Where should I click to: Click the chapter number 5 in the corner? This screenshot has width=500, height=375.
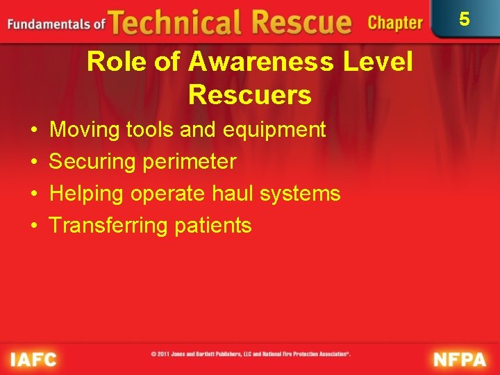(465, 19)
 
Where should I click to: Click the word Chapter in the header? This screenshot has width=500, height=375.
(394, 23)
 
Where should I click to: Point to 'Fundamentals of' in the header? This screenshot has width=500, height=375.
(56, 24)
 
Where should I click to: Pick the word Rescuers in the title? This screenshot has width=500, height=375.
(250, 95)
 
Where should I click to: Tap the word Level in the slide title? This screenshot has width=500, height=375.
(379, 62)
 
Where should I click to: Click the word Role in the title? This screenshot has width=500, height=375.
(113, 62)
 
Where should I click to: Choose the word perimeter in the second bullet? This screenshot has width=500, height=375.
(190, 162)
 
